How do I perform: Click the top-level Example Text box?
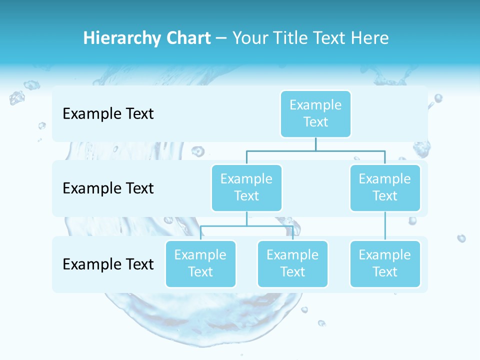pos(315,113)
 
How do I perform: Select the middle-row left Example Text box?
pos(246,187)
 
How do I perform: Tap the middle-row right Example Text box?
pos(385,187)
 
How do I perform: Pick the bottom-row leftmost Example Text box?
pos(200,263)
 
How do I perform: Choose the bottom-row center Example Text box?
pos(292,263)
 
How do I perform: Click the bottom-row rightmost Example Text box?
pos(385,263)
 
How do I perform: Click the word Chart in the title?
pos(187,38)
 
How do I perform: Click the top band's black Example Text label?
pos(108,114)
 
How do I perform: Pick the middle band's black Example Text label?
pos(108,188)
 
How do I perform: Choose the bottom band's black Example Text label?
pos(108,264)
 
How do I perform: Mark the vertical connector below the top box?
pos(315,144)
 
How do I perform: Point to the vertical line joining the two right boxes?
pos(385,226)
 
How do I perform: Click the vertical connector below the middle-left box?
pos(246,218)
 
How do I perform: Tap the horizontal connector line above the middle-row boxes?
pos(350,150)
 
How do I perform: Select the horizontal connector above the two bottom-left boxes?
pos(270,225)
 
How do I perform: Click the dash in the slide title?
pos(221,38)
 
